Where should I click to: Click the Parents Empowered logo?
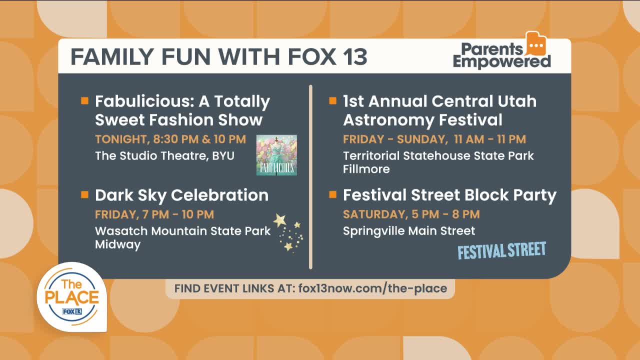click(x=501, y=50)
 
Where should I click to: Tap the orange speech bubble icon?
click(x=536, y=43)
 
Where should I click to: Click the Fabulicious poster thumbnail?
click(x=276, y=155)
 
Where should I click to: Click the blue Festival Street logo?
click(x=501, y=250)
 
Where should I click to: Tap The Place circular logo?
click(x=71, y=297)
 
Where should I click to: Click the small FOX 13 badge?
click(x=72, y=311)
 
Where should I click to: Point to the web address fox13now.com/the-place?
click(x=372, y=288)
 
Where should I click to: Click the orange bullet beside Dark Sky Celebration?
click(x=84, y=194)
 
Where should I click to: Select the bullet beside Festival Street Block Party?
click(x=332, y=194)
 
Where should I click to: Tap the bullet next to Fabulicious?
click(x=84, y=100)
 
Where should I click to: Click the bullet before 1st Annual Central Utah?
click(x=332, y=100)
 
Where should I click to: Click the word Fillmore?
click(x=366, y=169)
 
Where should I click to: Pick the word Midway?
click(x=117, y=245)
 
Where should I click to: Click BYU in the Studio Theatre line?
click(x=223, y=156)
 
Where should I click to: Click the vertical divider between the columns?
click(x=310, y=177)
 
